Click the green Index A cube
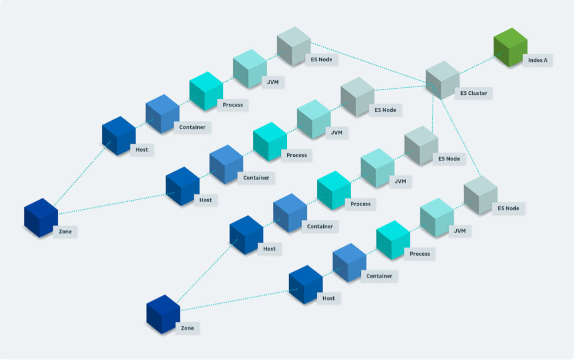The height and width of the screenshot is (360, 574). point(510,47)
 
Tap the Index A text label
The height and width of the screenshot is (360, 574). point(537,60)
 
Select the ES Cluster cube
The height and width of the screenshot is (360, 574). point(442,80)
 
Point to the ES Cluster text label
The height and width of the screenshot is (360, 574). point(474,93)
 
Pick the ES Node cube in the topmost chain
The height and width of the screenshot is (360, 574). point(294,46)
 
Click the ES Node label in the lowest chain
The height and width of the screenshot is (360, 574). point(508,208)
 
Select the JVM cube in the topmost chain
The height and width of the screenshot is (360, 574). point(250,68)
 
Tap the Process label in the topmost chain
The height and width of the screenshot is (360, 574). point(233,105)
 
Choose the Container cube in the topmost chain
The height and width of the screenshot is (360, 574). point(162,114)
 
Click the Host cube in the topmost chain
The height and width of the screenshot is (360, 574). point(118,136)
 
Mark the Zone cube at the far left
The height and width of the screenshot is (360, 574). point(41,218)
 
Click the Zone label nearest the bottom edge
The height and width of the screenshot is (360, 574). point(187,328)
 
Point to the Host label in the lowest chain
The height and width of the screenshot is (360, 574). point(329,298)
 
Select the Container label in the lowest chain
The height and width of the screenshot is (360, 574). point(379,276)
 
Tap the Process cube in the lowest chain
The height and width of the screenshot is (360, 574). point(393,240)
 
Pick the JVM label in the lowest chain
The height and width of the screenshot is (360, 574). point(460,231)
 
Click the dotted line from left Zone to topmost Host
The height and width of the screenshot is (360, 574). point(82,174)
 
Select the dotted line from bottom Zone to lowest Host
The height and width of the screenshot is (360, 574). point(239,300)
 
